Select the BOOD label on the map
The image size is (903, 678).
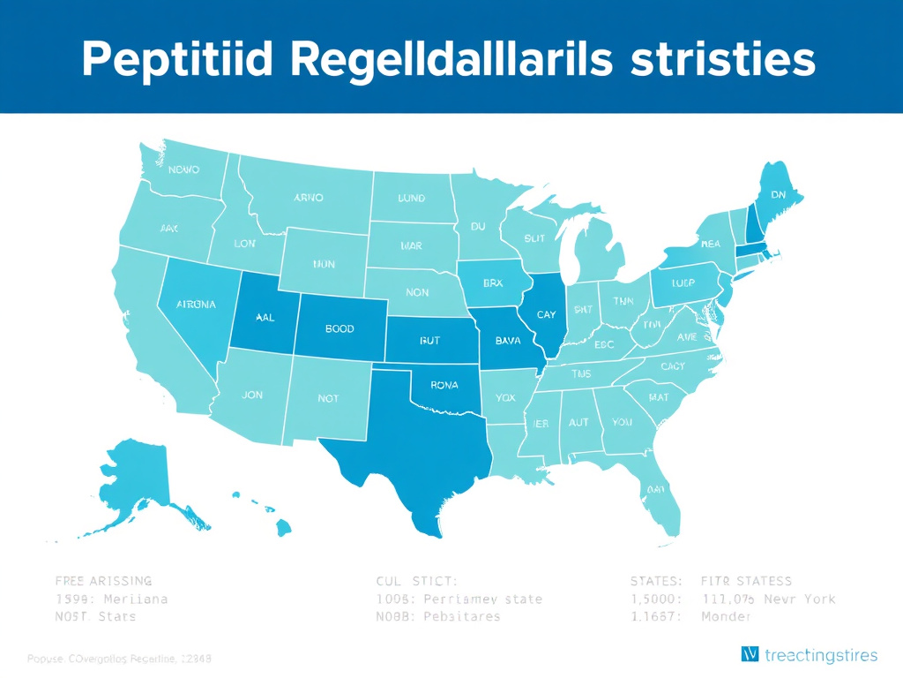340,328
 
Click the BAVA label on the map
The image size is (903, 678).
508,339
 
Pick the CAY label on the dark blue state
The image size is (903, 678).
546,314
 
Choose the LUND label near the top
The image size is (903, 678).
411,199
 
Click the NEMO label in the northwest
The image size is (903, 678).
183,169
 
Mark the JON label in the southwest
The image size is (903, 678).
251,395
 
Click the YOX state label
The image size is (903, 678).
505,397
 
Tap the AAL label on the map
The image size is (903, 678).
264,319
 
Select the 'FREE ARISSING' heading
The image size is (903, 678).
103,581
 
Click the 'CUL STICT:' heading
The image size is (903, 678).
416,581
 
